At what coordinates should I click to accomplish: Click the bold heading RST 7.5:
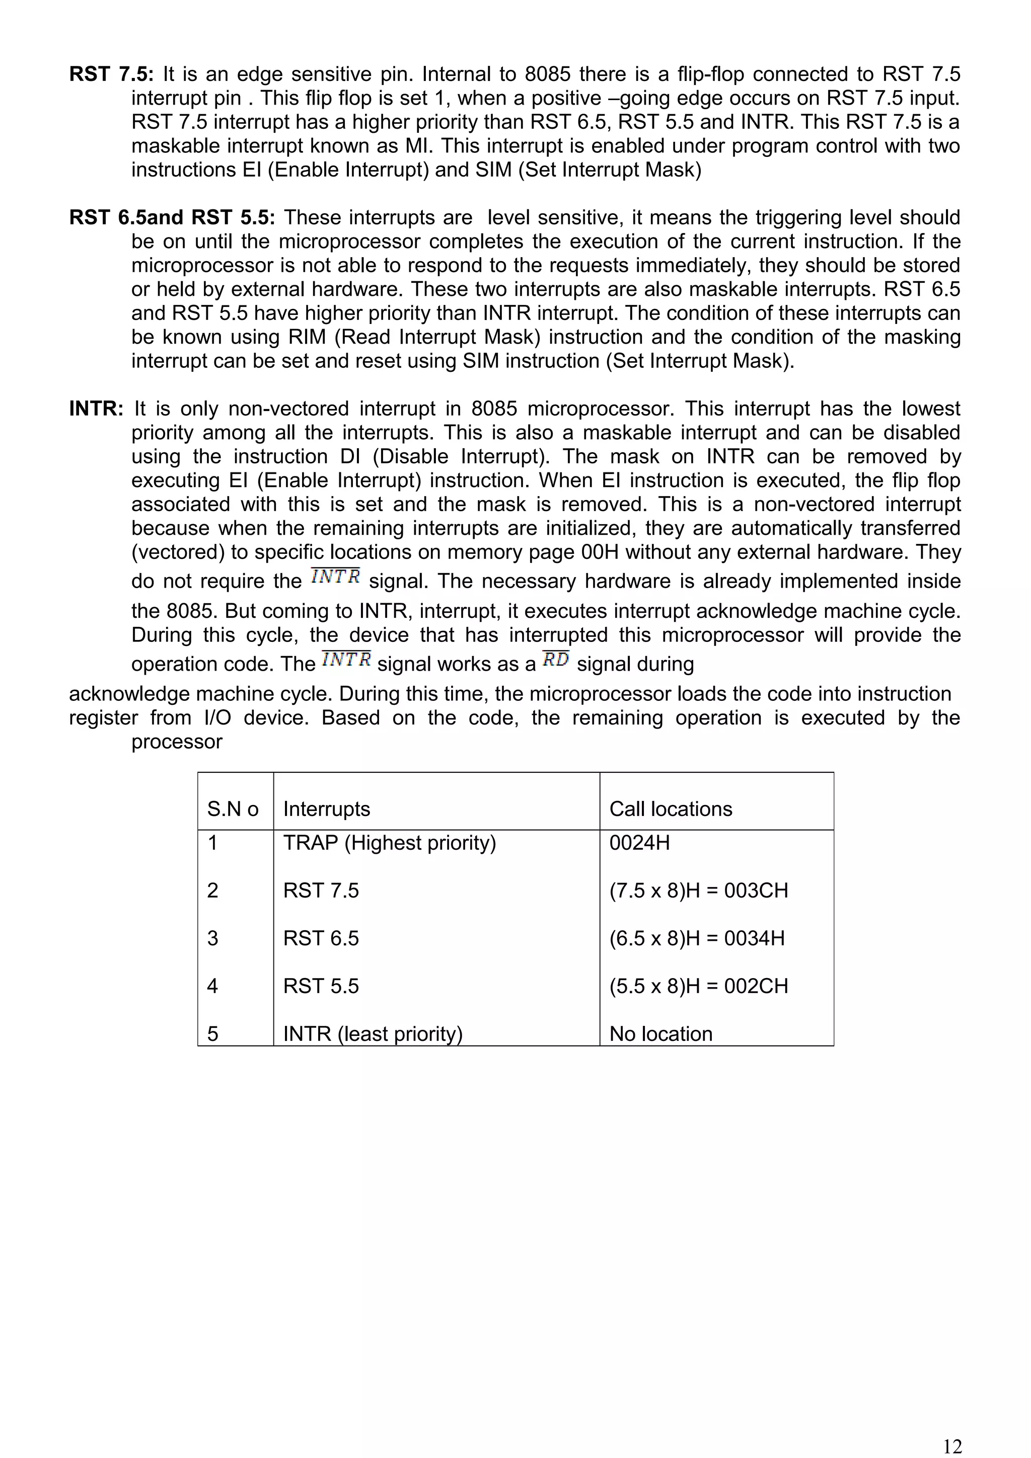(111, 74)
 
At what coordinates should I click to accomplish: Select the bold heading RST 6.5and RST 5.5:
(172, 218)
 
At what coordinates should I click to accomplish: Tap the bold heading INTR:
(96, 409)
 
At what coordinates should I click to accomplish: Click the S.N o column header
(233, 809)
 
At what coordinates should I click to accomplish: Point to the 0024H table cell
(639, 843)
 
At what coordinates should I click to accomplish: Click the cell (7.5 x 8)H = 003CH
(698, 891)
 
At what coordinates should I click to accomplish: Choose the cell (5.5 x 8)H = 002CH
(698, 986)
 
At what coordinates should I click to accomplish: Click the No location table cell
(660, 1034)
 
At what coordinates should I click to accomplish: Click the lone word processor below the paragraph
(177, 742)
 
